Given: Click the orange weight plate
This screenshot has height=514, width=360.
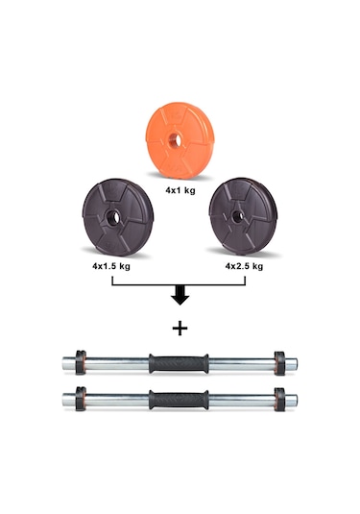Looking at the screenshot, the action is [x=180, y=140].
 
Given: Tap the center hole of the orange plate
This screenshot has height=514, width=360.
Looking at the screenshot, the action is [x=176, y=140].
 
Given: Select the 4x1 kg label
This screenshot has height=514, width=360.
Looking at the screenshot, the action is [x=180, y=190].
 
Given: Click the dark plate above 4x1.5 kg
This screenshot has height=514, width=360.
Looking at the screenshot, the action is [x=117, y=217].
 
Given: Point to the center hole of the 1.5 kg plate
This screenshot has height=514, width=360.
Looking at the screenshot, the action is [x=112, y=217].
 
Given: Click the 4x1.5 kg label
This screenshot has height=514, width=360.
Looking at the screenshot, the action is [x=111, y=266].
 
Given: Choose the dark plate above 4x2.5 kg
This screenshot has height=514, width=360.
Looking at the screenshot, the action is [x=243, y=216].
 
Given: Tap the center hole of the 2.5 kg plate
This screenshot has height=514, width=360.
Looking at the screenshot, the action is [x=237, y=217].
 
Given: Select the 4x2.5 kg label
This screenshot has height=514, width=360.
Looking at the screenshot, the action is [x=244, y=266].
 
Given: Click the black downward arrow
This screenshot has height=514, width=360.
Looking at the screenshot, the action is [x=180, y=295].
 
